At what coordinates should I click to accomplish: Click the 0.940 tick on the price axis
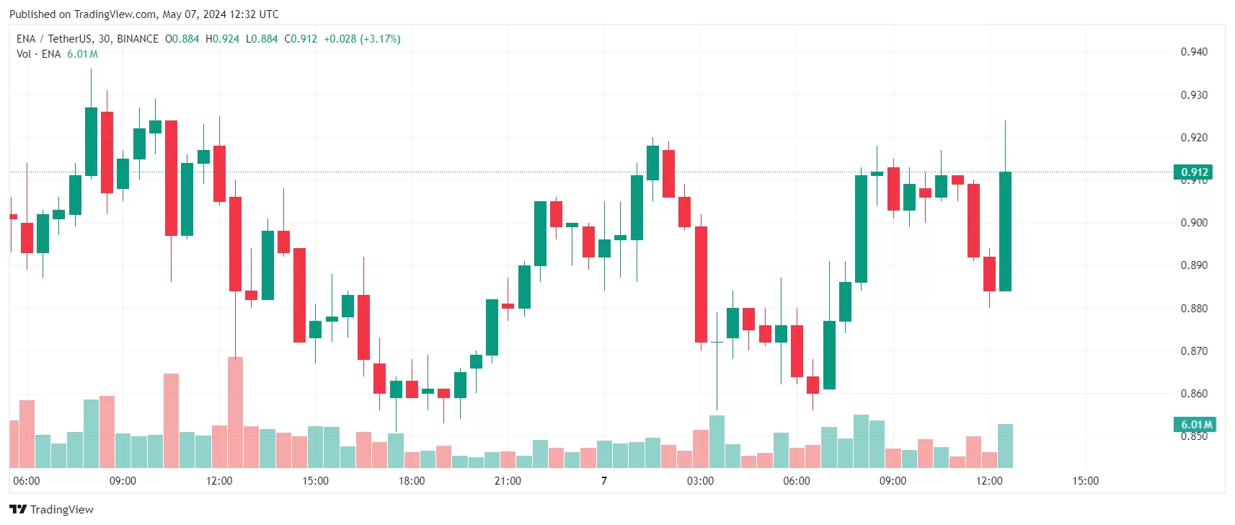1194,52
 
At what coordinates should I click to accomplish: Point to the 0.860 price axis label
1194,394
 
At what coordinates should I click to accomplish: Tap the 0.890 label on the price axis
1194,265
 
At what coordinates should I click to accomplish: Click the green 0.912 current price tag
1193,172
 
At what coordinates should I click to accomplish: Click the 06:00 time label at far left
27,481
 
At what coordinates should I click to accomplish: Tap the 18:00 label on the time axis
412,481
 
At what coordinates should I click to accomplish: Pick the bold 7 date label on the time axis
604,481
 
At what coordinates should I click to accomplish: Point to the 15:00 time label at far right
1085,481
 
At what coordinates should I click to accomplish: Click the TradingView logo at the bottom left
52,509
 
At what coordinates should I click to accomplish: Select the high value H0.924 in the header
222,39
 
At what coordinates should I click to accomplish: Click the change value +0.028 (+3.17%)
362,39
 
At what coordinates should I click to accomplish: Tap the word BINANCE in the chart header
138,39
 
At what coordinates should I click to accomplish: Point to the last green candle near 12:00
1005,231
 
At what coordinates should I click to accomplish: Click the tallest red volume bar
235,411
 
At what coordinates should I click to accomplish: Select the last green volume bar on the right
1005,446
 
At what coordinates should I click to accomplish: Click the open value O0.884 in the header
182,39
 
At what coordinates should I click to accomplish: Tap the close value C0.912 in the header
301,39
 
